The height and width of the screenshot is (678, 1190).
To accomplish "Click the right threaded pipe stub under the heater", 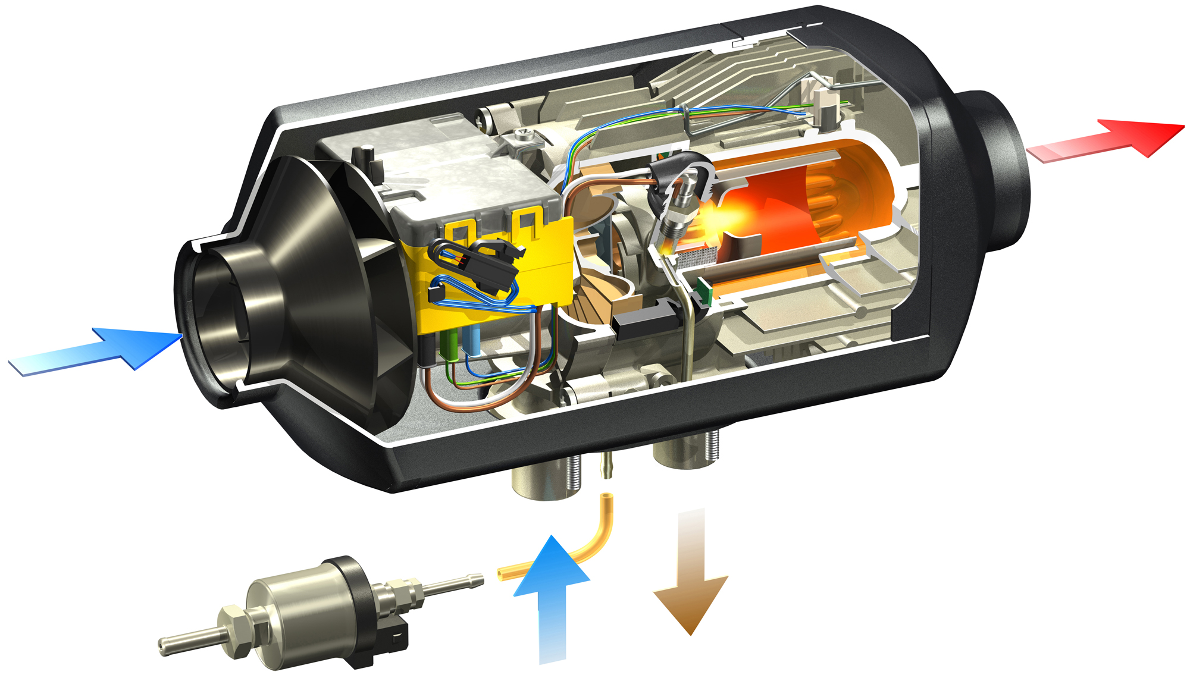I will pyautogui.click(x=690, y=452).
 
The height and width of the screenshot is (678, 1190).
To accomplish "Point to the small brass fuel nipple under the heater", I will pyautogui.click(x=606, y=464).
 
